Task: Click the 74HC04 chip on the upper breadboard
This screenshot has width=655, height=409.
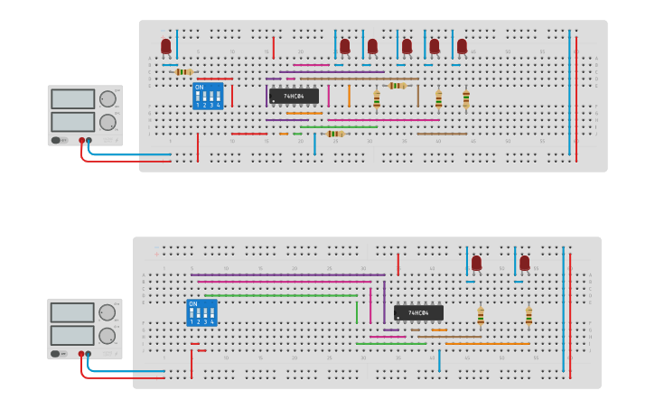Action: tap(294, 96)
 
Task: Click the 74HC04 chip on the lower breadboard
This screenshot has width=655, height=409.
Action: tap(418, 313)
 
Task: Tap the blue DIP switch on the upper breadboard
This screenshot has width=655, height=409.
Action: tap(207, 97)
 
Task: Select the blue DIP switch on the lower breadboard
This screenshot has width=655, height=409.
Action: tap(201, 312)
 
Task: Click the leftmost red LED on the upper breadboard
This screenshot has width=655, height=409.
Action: tap(165, 45)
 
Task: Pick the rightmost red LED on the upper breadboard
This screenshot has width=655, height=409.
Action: tap(462, 45)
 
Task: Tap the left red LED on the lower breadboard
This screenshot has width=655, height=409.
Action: tap(476, 263)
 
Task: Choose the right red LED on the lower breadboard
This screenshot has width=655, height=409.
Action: tap(524, 263)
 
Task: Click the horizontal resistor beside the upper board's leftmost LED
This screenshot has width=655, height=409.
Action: tap(183, 72)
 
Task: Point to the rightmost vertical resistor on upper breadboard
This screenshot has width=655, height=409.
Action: tap(465, 98)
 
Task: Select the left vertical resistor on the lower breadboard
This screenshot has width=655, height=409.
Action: tap(481, 316)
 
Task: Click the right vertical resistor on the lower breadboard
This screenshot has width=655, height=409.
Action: tap(529, 316)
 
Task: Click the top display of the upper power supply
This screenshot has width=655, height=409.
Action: tap(72, 99)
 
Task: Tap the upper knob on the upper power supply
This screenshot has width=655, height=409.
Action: tap(108, 98)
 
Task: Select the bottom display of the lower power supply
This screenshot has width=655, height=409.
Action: tap(72, 336)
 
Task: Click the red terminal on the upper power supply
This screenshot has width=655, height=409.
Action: tap(81, 141)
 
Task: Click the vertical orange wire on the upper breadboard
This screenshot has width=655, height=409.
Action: tap(349, 96)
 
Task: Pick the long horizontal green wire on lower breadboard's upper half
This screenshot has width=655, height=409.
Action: tap(280, 295)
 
